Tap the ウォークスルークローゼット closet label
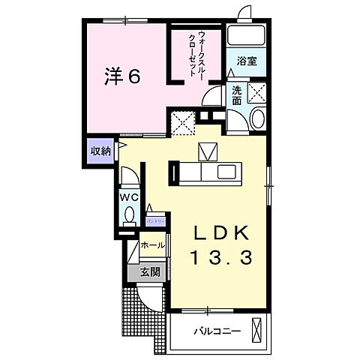193,54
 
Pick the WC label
127,197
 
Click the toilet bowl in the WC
128,215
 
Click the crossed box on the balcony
257,330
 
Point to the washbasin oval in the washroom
256,118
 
